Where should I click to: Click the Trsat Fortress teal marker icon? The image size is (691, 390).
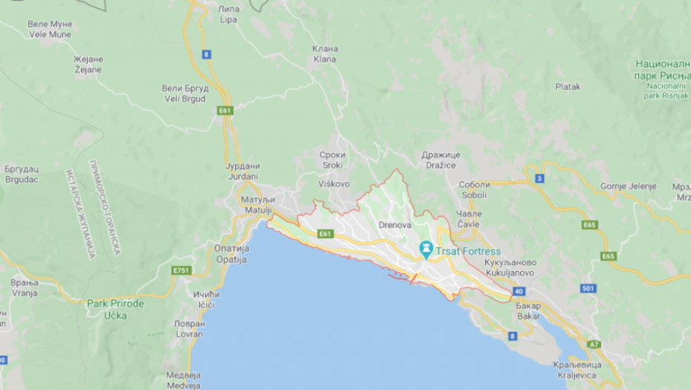pos(426,249)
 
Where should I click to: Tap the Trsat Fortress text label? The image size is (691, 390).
pos(469,251)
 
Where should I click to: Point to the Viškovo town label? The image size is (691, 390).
pos(334,183)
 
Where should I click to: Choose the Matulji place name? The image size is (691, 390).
pos(259,206)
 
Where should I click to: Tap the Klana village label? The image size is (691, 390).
pos(325,54)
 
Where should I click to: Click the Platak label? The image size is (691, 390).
pos(568,87)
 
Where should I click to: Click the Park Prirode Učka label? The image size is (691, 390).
pos(115,309)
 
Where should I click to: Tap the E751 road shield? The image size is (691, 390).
pos(181,270)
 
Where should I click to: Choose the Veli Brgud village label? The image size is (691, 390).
pos(185,93)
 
